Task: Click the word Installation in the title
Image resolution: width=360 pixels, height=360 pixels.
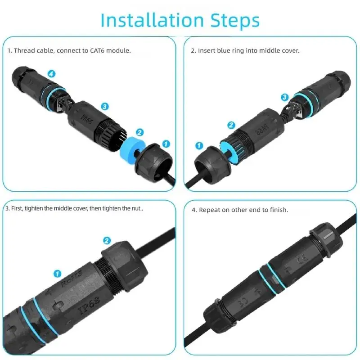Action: pyautogui.click(x=152, y=20)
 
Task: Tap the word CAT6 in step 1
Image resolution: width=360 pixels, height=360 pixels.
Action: pyautogui.click(x=97, y=50)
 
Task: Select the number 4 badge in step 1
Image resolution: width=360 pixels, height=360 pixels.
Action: pyautogui.click(x=51, y=74)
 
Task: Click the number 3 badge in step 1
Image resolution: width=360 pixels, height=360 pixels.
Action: pyautogui.click(x=105, y=107)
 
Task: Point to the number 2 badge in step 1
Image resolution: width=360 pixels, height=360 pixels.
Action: pyautogui.click(x=139, y=132)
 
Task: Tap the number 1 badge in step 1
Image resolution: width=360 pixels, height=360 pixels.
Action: pyautogui.click(x=166, y=144)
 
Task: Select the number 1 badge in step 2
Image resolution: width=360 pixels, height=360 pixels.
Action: pyautogui.click(x=199, y=145)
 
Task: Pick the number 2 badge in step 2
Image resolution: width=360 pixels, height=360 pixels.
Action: pyautogui.click(x=231, y=125)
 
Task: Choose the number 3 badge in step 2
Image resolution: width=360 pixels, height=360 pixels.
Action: pyautogui.click(x=285, y=97)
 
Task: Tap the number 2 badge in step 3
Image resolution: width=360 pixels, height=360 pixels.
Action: pyautogui.click(x=107, y=241)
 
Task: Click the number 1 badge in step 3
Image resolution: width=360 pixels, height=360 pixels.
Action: pyautogui.click(x=58, y=274)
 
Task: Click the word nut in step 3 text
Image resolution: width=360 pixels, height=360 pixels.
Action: pyautogui.click(x=136, y=208)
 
